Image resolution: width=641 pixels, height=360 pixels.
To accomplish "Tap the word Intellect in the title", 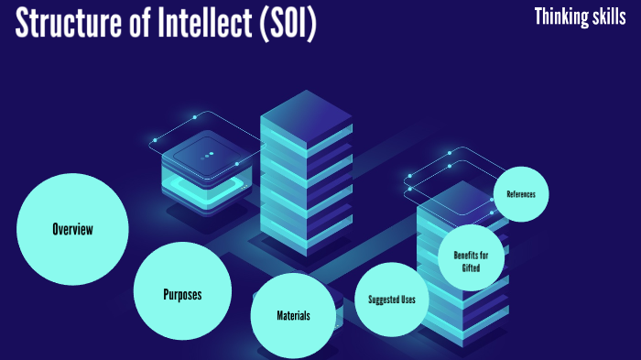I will click(201, 24).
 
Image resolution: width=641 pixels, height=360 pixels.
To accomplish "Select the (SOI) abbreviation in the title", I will click(286, 24).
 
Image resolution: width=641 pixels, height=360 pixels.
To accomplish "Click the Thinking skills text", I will click(580, 16).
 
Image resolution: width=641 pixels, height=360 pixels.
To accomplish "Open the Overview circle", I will click(72, 229).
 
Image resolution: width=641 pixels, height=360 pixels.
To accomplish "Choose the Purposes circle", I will click(182, 294).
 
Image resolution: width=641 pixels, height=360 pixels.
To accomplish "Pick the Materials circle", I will click(293, 315).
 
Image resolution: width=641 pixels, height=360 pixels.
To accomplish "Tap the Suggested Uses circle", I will click(392, 300).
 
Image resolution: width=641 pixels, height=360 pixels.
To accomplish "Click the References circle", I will click(520, 194).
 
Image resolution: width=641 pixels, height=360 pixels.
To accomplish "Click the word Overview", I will click(72, 229).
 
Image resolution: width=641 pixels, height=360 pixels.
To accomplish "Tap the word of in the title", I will click(141, 24).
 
